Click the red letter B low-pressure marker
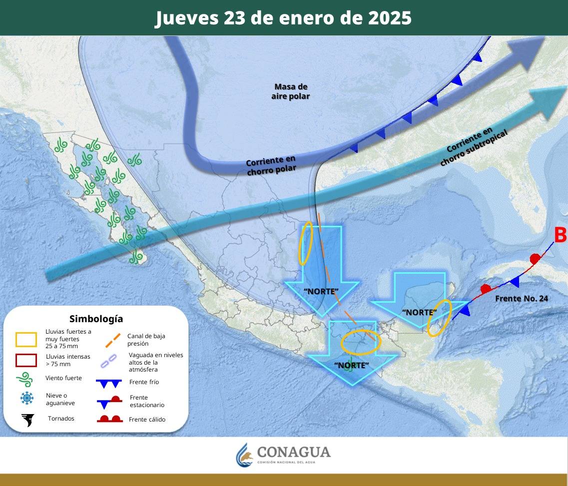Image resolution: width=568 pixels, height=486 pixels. coord(561,235)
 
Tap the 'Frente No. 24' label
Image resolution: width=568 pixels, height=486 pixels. coord(522,299)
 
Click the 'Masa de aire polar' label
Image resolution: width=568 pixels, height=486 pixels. coord(290,91)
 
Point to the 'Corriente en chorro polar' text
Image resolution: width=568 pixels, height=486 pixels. coord(271,165)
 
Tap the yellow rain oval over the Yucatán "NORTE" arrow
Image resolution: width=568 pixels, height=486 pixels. coord(440,318)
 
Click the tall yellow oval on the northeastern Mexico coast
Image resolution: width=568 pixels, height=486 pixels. coord(305,243)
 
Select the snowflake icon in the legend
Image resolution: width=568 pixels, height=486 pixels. coord(26,398)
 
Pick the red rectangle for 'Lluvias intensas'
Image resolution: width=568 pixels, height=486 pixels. coord(26,360)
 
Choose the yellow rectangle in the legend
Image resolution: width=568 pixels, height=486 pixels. coord(26,340)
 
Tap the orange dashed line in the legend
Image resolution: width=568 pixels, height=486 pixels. coord(113,340)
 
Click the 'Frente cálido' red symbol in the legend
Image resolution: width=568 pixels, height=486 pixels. coord(109,419)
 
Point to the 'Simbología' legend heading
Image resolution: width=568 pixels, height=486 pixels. coord(96,319)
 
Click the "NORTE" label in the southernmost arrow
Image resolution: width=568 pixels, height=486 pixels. coord(351,365)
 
